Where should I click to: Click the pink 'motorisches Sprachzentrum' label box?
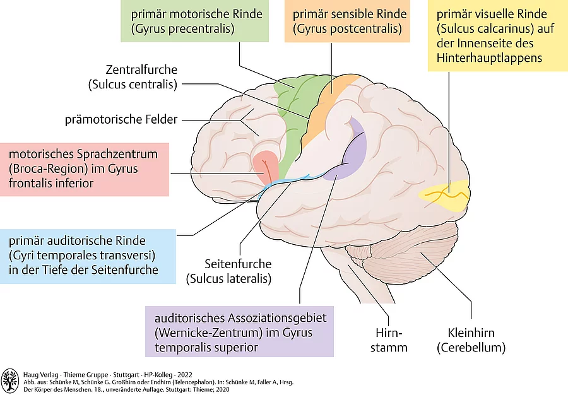click(85, 168)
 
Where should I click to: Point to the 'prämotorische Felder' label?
click(121, 119)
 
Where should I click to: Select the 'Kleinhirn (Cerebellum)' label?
click(471, 339)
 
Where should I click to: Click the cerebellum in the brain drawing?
click(404, 249)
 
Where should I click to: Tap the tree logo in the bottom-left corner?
click(9, 380)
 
